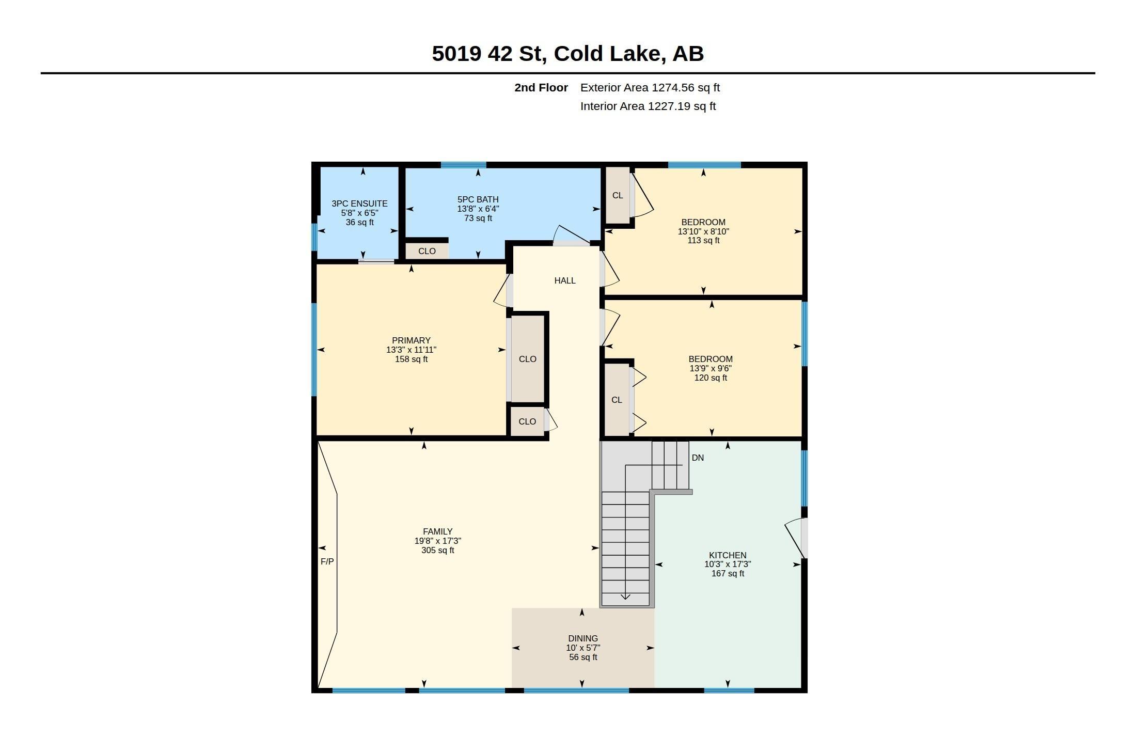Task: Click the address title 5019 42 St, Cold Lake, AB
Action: coord(567,54)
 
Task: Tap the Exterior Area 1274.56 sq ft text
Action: coord(650,88)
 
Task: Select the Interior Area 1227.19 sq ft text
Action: coord(648,106)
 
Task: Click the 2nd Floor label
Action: coord(541,88)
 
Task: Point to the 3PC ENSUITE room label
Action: coord(359,203)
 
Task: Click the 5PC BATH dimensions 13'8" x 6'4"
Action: coord(478,209)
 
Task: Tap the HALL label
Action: coord(565,280)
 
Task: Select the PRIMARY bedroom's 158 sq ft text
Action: coord(411,359)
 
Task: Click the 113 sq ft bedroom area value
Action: coord(703,240)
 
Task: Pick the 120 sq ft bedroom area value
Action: coord(711,378)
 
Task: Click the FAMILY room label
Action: coord(437,531)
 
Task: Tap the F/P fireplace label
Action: coord(327,561)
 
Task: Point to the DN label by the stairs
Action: coord(698,458)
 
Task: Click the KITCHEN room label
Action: coord(728,555)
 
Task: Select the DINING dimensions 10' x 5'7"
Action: coord(583,648)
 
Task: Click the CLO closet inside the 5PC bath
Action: coord(427,251)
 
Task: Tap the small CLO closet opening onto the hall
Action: coord(527,421)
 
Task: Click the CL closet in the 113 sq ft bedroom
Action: coord(617,195)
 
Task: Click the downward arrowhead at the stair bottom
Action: coord(625,597)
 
